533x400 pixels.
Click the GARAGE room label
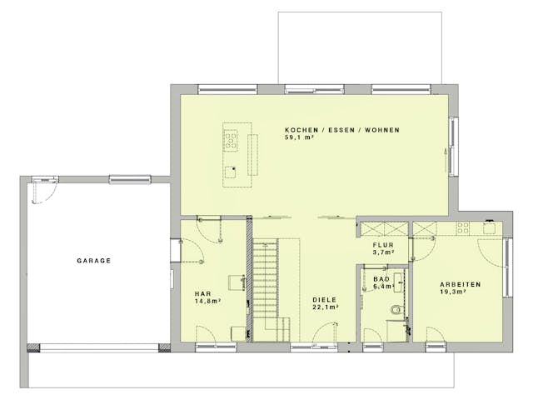[94, 260]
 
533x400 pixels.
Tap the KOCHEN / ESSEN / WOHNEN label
[342, 130]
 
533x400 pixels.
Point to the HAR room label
[202, 293]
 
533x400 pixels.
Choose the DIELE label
[325, 299]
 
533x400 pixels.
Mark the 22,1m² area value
[325, 307]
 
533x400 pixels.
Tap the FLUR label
[383, 244]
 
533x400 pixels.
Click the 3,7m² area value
[383, 252]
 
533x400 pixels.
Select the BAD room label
[381, 279]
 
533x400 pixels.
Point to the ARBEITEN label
[461, 285]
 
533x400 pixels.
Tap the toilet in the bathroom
[396, 310]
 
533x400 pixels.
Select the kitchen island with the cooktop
[231, 149]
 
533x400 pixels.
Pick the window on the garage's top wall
[129, 177]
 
